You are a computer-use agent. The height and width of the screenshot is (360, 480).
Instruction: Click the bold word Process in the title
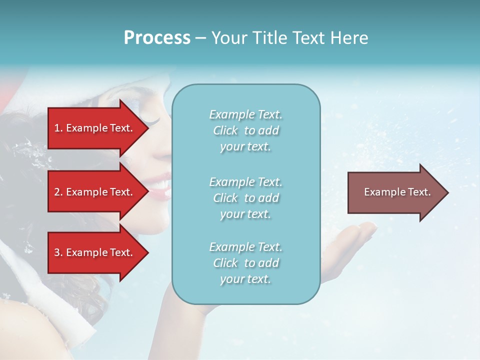157,38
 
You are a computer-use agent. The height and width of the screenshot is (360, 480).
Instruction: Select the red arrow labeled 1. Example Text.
95,128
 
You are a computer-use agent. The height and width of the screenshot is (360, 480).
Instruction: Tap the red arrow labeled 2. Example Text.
95,192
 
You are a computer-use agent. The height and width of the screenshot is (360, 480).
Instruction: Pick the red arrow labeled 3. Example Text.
95,252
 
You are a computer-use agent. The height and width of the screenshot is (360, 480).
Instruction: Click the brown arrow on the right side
395,192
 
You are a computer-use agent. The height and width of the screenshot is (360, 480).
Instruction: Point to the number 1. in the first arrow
58,128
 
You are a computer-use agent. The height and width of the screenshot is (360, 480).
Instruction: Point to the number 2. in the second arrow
58,192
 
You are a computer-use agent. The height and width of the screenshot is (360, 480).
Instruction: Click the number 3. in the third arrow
58,252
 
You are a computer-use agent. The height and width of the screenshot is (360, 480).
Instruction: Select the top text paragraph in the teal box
245,130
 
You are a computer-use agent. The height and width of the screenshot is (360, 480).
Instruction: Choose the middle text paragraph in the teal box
245,198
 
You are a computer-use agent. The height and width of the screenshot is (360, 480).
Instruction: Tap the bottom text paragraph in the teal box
245,263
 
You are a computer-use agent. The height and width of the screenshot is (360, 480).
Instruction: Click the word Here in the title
350,38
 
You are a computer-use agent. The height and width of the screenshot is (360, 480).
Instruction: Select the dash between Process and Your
200,38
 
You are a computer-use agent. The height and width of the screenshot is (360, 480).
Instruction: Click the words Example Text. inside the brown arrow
397,192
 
